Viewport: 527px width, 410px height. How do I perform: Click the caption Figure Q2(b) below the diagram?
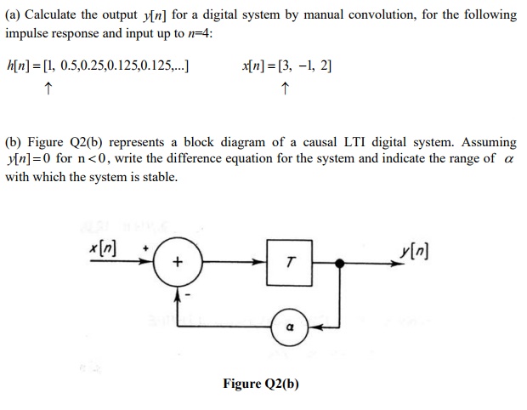point(261,384)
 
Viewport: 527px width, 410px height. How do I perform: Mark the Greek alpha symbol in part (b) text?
point(509,160)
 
